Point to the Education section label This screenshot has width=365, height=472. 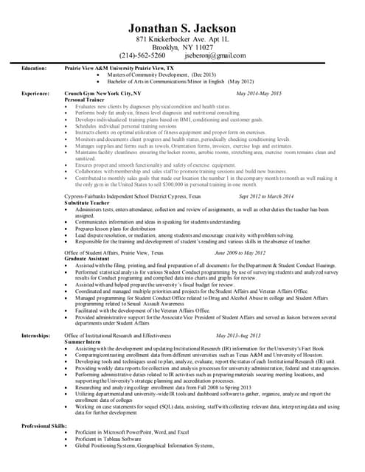click(x=34, y=68)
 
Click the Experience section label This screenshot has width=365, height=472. click(x=35, y=94)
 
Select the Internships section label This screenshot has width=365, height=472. click(x=35, y=336)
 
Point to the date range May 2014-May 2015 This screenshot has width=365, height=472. click(x=259, y=94)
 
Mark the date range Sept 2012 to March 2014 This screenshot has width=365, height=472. click(x=266, y=196)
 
